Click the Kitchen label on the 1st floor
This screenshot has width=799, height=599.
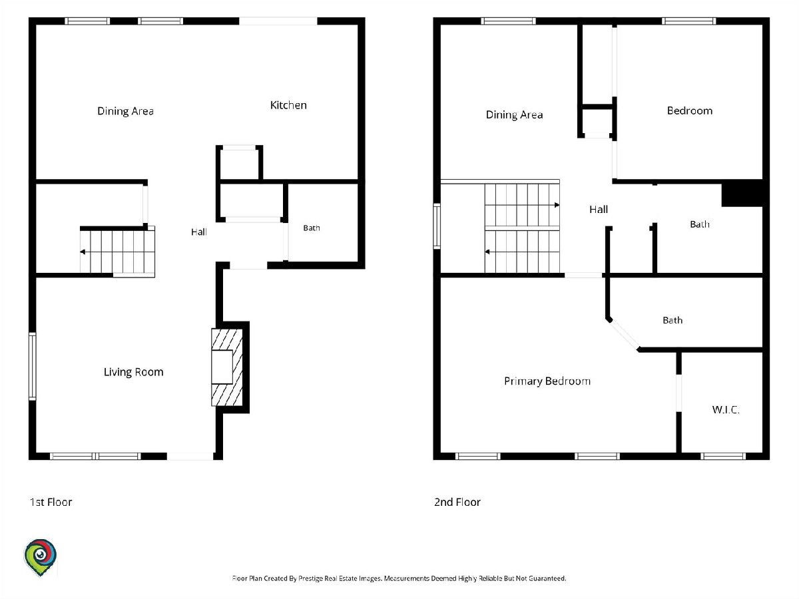tap(288, 105)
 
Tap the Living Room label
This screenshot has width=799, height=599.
tap(134, 372)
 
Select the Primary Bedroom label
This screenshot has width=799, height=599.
tap(547, 381)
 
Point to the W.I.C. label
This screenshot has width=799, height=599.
tap(726, 410)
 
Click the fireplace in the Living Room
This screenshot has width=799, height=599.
tap(227, 367)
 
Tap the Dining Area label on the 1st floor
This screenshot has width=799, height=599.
tap(126, 111)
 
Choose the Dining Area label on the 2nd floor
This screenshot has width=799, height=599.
tap(514, 115)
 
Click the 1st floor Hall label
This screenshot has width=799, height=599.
tap(198, 232)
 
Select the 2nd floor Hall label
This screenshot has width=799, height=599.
tap(599, 209)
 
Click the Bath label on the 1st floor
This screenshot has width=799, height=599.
tap(312, 228)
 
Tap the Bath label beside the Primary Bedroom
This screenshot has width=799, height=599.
tap(672, 320)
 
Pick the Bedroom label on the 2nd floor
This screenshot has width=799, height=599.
tap(690, 110)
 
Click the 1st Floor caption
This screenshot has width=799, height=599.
tap(51, 502)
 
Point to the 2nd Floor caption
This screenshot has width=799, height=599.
tap(457, 502)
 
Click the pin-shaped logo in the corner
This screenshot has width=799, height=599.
tap(41, 557)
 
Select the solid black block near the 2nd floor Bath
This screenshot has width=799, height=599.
tap(742, 195)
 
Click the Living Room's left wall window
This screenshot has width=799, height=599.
tap(33, 366)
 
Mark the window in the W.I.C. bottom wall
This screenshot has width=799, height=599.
tap(723, 456)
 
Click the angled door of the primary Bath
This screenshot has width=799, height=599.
tap(624, 335)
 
